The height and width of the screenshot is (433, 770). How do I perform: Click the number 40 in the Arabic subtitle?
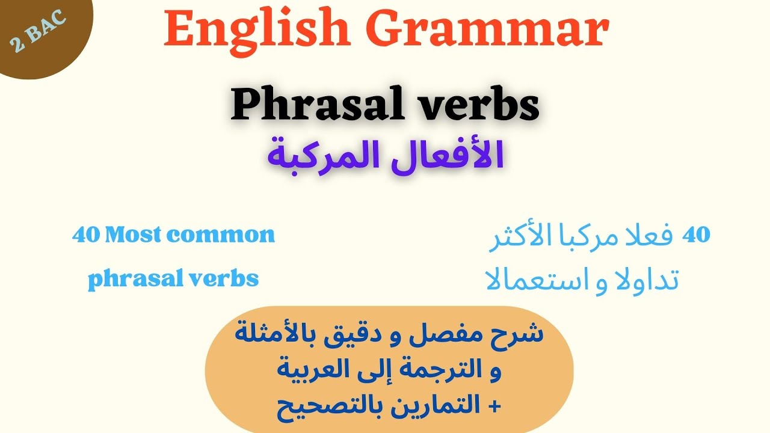pyautogui.click(x=697, y=235)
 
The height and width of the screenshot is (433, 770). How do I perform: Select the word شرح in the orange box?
pyautogui.click(x=523, y=333)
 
